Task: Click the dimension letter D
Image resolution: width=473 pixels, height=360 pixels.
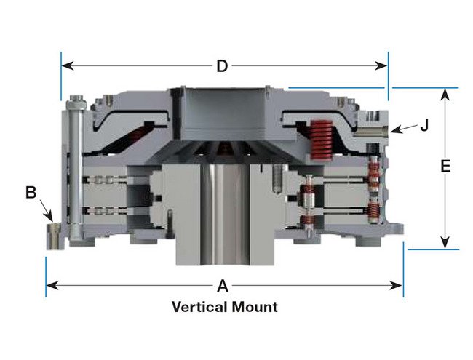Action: click(x=222, y=66)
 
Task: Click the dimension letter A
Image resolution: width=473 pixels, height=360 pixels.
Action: click(x=223, y=286)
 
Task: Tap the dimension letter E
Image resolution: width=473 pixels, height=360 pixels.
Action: click(x=445, y=166)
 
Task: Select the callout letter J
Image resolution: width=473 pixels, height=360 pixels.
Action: click(x=424, y=125)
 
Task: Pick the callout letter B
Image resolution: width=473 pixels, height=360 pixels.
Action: click(x=31, y=192)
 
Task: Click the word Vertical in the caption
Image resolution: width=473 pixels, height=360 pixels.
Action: click(x=199, y=307)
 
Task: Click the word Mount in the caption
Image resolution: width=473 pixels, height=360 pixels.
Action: click(x=255, y=307)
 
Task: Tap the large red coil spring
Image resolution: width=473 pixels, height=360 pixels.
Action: click(x=322, y=140)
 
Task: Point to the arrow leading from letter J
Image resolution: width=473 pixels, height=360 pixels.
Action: click(x=405, y=129)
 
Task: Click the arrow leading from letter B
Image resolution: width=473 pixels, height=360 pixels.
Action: click(x=46, y=210)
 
